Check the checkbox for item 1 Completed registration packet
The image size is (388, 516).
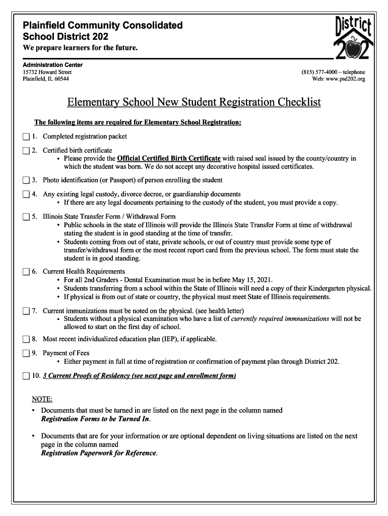[26, 137]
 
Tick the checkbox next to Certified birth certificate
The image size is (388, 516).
[26, 151]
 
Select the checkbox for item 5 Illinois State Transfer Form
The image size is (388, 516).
[26, 217]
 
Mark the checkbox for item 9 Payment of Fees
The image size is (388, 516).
[26, 353]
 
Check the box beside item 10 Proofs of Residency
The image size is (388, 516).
[26, 376]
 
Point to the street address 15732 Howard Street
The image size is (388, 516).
[43, 72]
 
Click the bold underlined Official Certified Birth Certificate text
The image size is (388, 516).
[169, 158]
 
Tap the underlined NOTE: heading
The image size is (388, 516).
[42, 399]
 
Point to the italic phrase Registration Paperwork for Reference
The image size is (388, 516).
[99, 453]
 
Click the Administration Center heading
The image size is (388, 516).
[52, 65]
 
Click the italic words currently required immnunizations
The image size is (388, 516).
[280, 319]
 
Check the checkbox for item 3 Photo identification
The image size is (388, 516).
[26, 180]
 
